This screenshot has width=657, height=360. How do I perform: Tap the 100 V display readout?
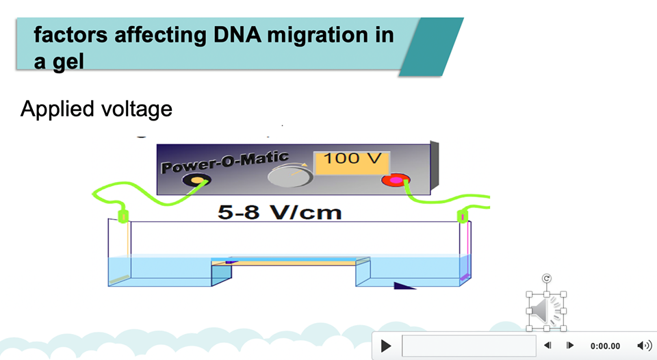351,159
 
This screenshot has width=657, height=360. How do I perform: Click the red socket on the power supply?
396,181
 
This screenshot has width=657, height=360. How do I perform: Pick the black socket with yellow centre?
196,181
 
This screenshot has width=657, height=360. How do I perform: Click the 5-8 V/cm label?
279,212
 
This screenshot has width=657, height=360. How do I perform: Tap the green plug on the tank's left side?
124,216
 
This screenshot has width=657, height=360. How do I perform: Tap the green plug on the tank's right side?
463,217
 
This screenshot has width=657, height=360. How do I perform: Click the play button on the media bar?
386,346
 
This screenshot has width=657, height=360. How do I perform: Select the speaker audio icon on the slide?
545,311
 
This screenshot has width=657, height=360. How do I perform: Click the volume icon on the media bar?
643,346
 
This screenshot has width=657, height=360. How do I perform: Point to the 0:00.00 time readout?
605,346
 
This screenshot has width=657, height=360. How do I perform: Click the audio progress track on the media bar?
468,346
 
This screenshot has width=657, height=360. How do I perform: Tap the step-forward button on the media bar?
569,346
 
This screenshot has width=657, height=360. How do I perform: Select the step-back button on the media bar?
547,346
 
